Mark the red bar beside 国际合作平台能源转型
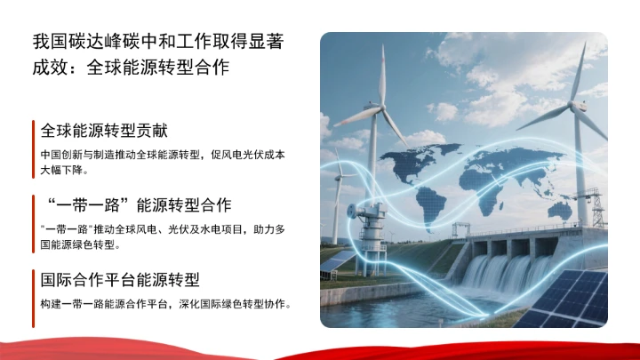point(34,298)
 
